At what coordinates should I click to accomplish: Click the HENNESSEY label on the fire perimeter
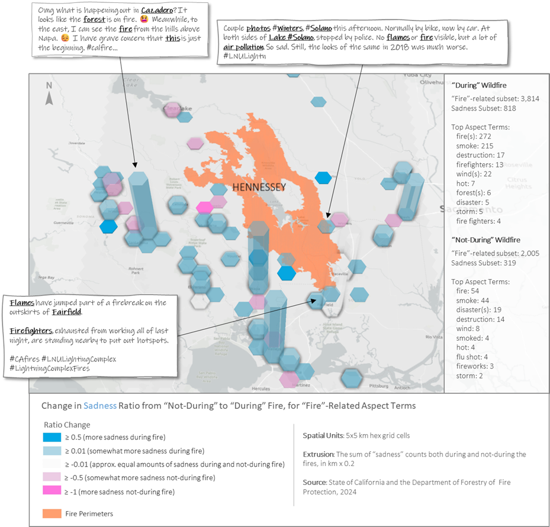click(x=259, y=187)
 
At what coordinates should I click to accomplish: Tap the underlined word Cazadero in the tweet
click(x=157, y=11)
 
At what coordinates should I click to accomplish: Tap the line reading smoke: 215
click(x=475, y=146)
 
